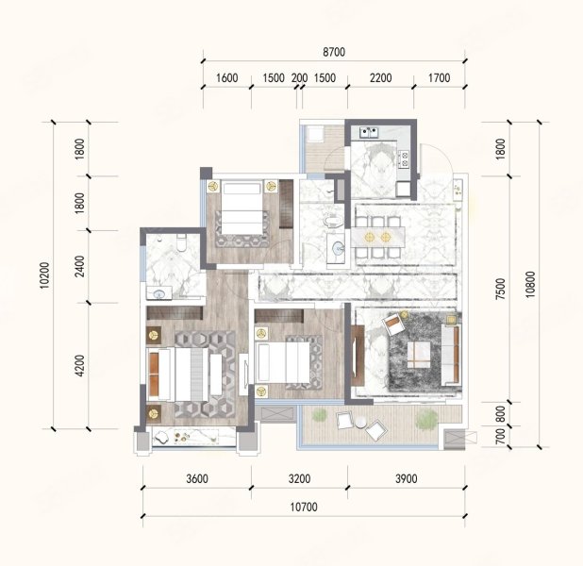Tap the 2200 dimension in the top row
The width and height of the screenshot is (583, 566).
[380, 78]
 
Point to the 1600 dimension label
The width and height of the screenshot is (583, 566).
[226, 78]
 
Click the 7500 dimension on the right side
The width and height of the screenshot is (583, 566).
[501, 290]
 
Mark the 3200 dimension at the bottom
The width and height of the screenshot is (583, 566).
[298, 479]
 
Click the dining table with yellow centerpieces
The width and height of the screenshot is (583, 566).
[377, 237]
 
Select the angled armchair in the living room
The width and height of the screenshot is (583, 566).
[393, 325]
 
